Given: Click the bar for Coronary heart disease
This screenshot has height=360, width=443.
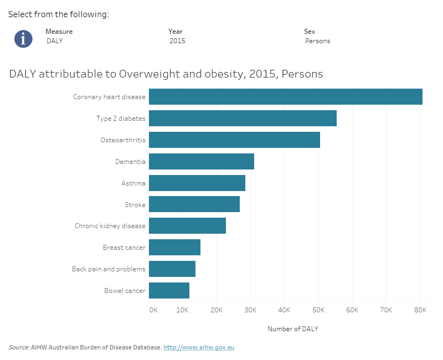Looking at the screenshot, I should pyautogui.click(x=285, y=96).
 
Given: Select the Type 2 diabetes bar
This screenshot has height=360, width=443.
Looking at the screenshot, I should pyautogui.click(x=243, y=118).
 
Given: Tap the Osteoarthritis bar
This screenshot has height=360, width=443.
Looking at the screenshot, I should pyautogui.click(x=234, y=140).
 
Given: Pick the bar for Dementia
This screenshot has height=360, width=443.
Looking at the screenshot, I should pyautogui.click(x=202, y=161).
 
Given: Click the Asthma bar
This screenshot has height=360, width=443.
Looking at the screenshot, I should pyautogui.click(x=197, y=183).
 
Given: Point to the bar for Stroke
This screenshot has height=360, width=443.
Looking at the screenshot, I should pyautogui.click(x=194, y=204).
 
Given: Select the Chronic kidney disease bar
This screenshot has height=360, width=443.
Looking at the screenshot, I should pyautogui.click(x=187, y=226).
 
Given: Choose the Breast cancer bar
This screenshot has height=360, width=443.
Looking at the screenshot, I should pyautogui.click(x=174, y=248).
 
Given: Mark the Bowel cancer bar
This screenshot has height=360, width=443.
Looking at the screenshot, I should pyautogui.click(x=169, y=291).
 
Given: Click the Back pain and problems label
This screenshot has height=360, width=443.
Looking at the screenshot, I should pyautogui.click(x=109, y=269).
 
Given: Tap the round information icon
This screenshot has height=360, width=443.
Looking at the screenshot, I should pyautogui.click(x=23, y=38).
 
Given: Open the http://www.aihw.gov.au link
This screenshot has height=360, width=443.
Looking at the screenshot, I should pyautogui.click(x=199, y=347).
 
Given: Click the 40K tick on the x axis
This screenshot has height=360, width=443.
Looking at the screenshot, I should pyautogui.click(x=285, y=310).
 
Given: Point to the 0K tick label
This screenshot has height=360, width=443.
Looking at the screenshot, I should pyautogui.click(x=153, y=310).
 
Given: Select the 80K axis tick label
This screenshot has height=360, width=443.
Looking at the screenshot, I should pyautogui.click(x=420, y=310).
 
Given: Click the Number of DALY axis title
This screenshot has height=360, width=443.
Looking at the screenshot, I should pyautogui.click(x=292, y=329).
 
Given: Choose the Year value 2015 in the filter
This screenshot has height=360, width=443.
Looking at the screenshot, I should pyautogui.click(x=177, y=41).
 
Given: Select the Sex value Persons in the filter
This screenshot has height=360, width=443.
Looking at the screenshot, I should pyautogui.click(x=317, y=41).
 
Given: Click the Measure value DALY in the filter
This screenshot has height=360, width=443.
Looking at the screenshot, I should pyautogui.click(x=54, y=41).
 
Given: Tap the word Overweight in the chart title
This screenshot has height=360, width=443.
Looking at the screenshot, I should pyautogui.click(x=145, y=74).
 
